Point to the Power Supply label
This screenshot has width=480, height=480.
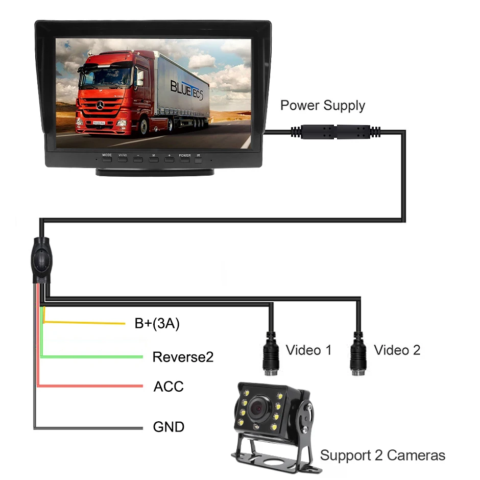323,106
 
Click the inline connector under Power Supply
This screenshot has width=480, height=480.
335,132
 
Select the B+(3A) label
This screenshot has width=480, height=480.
157,323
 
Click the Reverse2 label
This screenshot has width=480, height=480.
183,357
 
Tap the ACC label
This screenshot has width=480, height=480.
169,387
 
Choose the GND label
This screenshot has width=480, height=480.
169,426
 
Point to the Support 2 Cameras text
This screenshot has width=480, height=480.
382,455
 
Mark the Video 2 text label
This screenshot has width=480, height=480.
397,350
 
